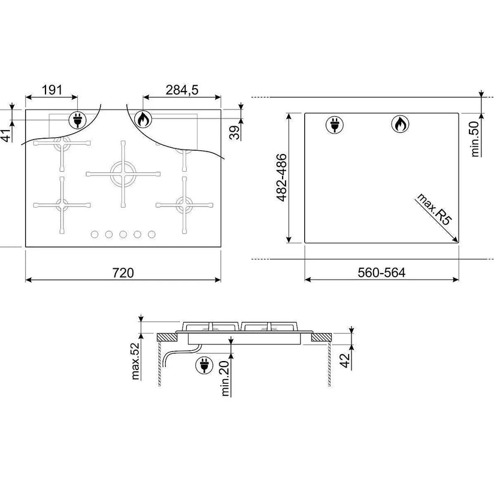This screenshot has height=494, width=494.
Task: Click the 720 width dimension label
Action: (123, 272)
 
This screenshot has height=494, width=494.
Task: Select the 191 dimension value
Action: (52, 90)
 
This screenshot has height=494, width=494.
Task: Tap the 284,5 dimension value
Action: (182, 90)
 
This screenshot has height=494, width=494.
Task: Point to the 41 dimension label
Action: (7, 135)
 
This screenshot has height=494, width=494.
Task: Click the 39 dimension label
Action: (234, 132)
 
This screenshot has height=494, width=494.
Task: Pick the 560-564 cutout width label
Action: (381, 272)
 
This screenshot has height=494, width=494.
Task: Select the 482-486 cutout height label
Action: (281, 177)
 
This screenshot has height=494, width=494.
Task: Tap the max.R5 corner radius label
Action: (434, 209)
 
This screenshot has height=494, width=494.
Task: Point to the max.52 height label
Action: (135, 360)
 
